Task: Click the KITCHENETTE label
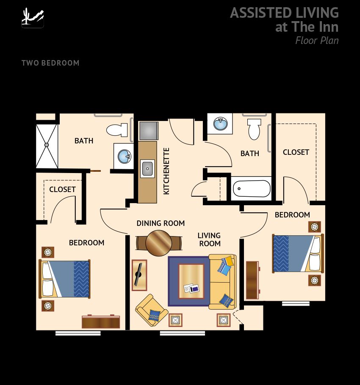tap(166, 171)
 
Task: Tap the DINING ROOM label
tap(161, 223)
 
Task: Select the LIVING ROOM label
tap(210, 239)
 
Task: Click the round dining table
tap(158, 243)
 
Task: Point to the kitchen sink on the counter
tap(147, 169)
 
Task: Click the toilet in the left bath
tap(117, 129)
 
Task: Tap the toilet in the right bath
tap(254, 129)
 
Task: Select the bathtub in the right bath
tap(252, 188)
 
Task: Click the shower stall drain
tap(47, 145)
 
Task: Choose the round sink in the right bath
tap(220, 124)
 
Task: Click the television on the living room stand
tap(138, 275)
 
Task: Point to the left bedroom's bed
tap(65, 278)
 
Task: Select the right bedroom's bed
tap(297, 253)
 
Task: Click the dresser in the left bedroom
tap(101, 322)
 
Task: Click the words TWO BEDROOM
tap(50, 63)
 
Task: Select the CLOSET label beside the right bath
tap(296, 152)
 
